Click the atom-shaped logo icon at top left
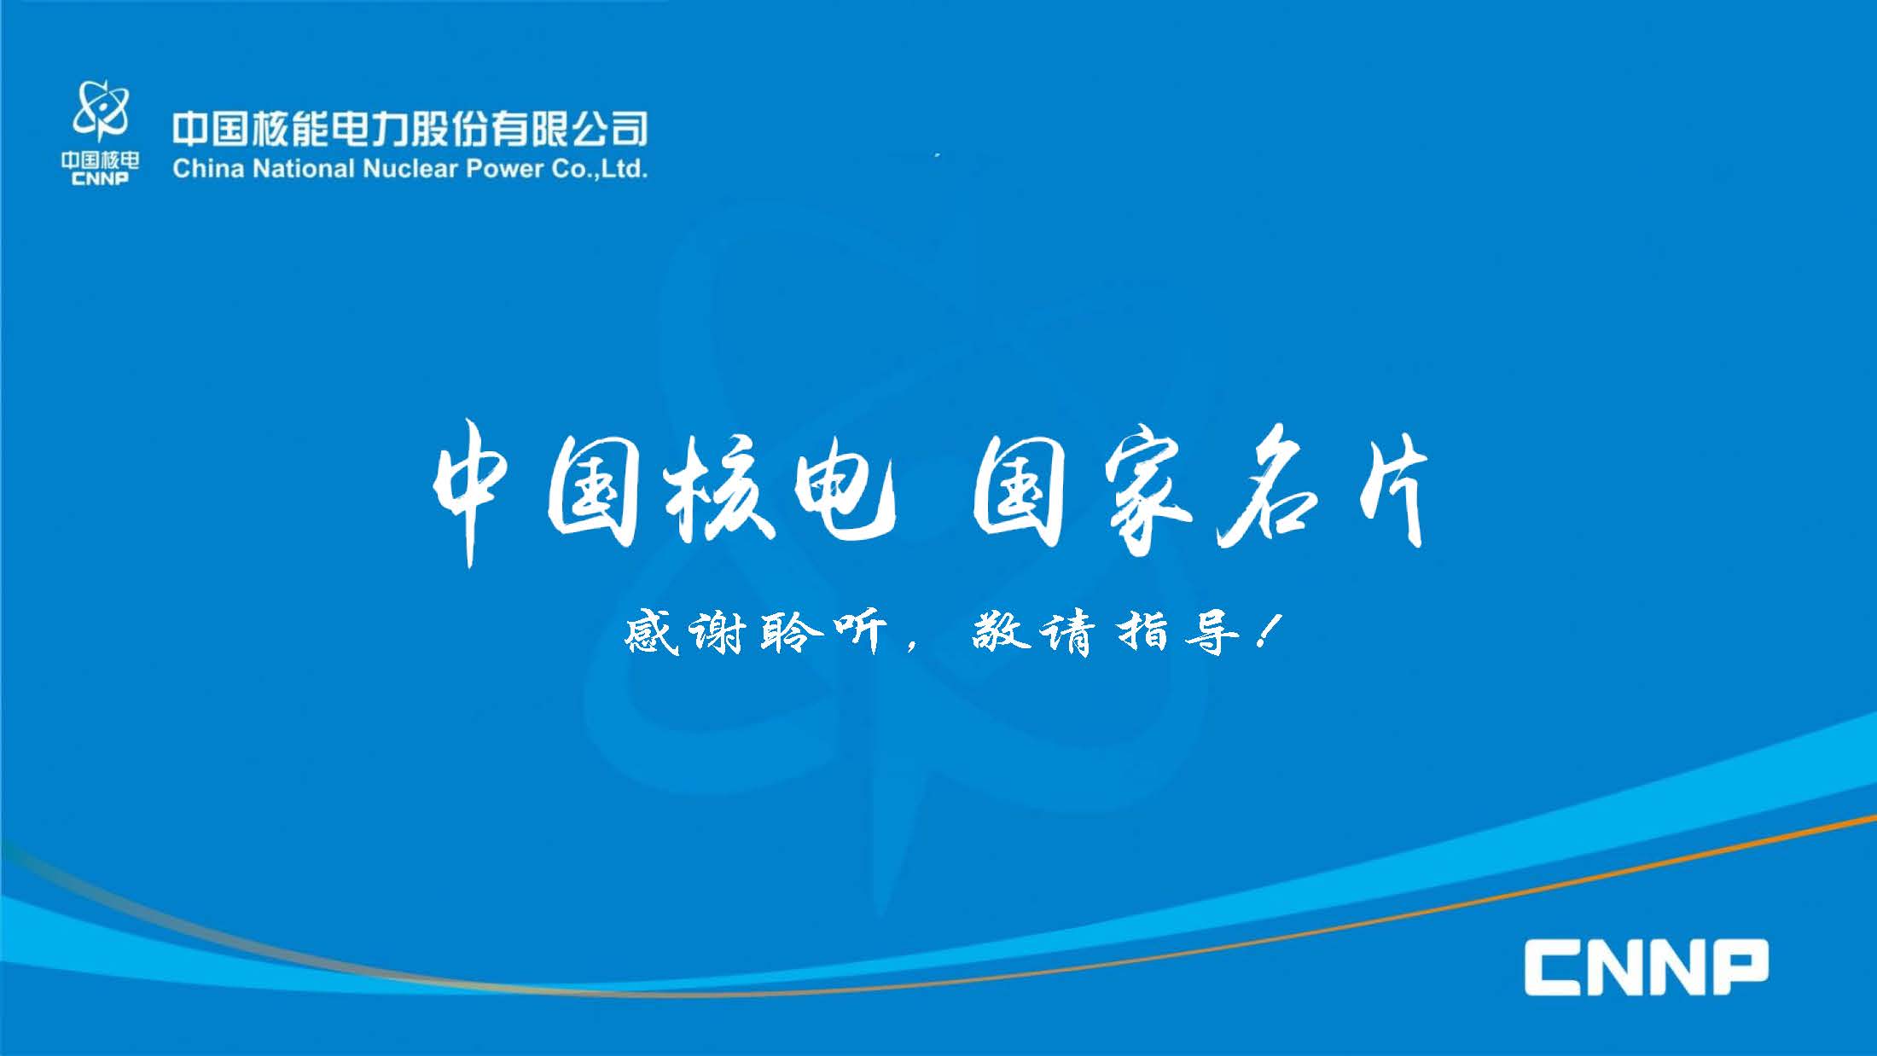(x=101, y=111)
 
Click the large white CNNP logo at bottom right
(x=1647, y=966)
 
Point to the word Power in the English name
(x=504, y=168)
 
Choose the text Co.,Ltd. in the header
(x=599, y=168)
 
